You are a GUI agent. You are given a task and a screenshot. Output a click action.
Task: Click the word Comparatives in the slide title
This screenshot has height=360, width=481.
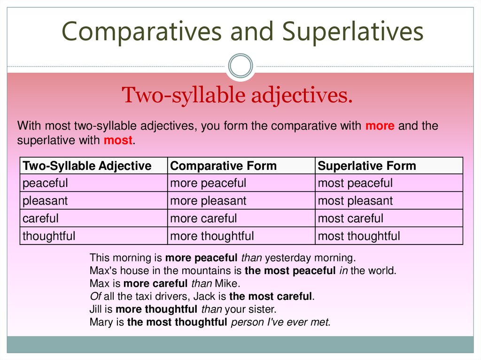coord(141,32)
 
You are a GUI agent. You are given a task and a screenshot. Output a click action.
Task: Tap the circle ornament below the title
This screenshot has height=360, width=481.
coord(240,65)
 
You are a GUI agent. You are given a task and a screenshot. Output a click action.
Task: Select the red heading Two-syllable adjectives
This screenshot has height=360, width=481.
coord(237,96)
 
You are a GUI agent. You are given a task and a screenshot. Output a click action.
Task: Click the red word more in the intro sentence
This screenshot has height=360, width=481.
coord(380,126)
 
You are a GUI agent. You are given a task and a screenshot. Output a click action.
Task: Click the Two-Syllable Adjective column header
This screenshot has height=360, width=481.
coord(87,166)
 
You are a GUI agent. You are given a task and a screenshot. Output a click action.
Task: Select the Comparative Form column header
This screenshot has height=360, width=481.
coord(223,166)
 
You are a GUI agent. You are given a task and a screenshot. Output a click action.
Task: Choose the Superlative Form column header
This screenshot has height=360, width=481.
coord(367,166)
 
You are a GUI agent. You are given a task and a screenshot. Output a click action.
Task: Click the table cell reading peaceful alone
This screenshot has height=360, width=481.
coord(46,183)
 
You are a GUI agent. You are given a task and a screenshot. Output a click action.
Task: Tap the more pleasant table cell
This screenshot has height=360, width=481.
coord(208,201)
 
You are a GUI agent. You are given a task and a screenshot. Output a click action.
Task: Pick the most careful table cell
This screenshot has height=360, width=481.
coord(350,218)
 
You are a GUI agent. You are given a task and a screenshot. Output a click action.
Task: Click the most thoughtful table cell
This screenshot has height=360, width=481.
coord(359,236)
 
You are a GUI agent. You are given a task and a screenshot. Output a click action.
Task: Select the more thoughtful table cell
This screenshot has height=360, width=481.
coord(212,236)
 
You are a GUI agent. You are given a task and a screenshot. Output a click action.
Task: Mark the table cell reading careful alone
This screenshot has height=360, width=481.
coord(41,218)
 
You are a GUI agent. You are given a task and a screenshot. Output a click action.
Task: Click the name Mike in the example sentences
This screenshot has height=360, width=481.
coord(227,283)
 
